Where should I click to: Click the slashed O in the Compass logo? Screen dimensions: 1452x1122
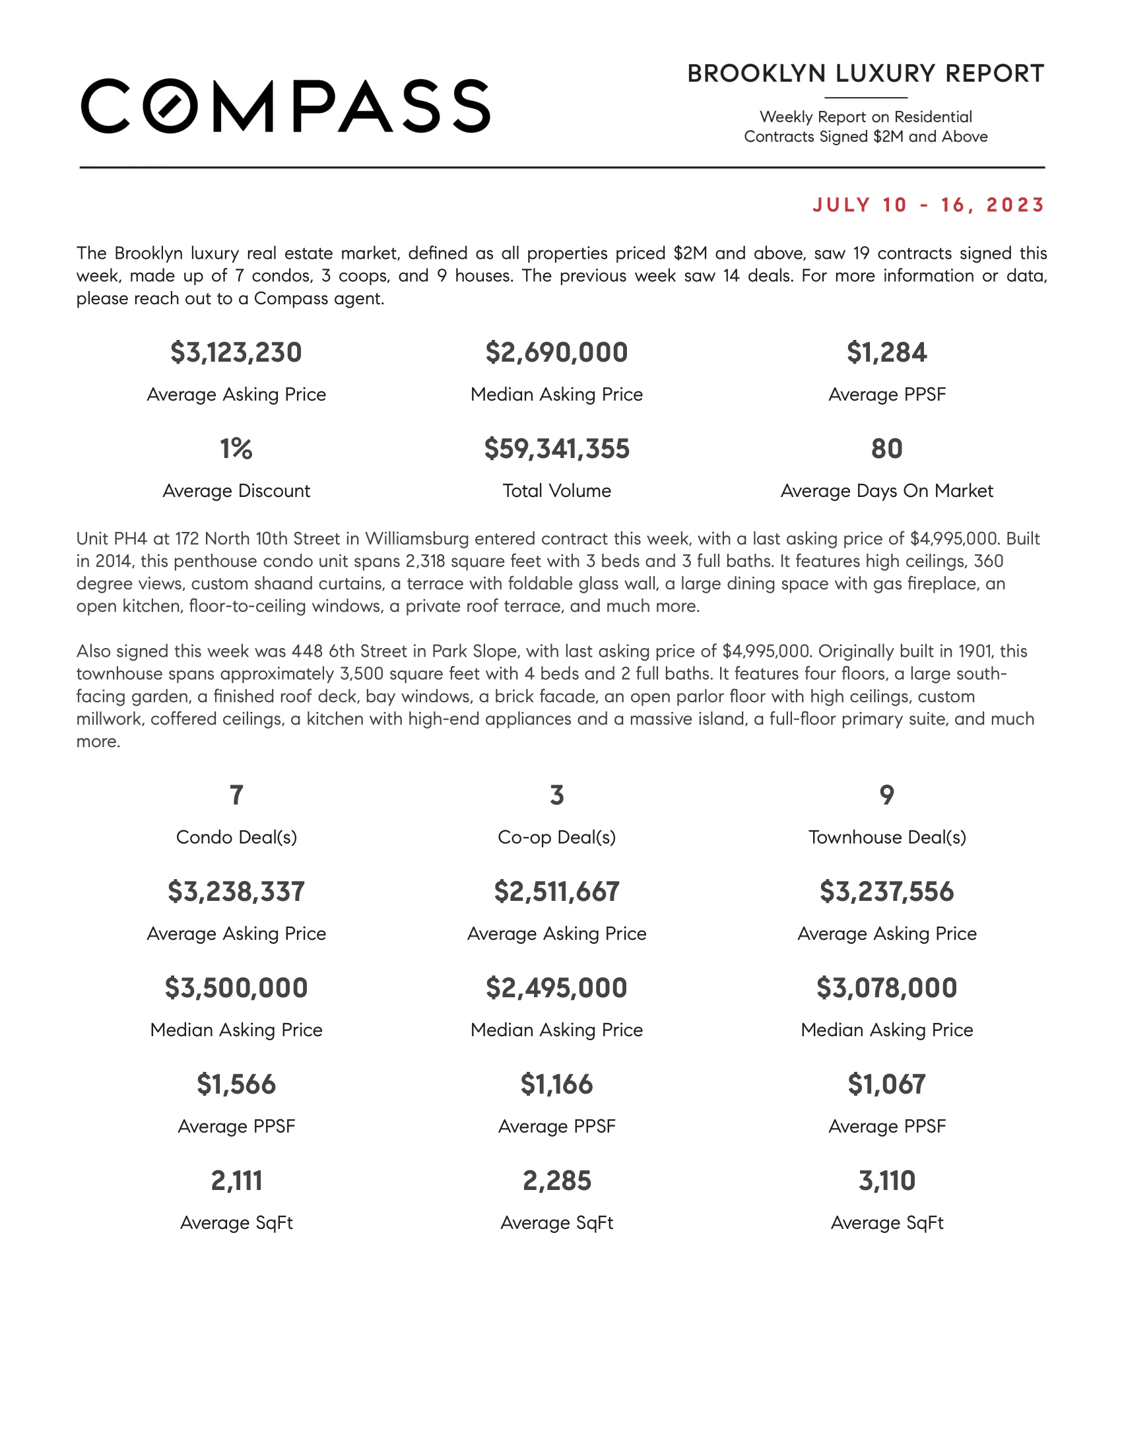171,106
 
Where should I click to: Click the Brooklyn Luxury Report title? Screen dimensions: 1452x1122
865,74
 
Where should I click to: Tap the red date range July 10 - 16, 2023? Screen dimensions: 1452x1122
929,205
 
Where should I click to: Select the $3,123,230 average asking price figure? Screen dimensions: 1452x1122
236,352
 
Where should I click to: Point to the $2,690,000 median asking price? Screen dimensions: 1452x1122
556,352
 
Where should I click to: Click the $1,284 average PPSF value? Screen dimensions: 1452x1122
886,352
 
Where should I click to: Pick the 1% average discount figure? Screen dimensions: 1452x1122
236,449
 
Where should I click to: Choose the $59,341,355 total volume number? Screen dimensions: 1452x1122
556,449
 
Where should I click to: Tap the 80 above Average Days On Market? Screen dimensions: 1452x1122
886,449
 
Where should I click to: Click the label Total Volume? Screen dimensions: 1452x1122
556,490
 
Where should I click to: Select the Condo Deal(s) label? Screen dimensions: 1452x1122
236,837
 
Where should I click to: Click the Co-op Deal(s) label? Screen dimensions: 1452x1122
556,837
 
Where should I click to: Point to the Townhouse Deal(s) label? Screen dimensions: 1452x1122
886,837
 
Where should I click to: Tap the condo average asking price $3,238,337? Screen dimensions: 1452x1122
236,892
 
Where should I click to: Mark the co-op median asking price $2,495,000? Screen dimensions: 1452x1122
556,988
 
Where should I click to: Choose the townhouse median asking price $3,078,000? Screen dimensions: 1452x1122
886,988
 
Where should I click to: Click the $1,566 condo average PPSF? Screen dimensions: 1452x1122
236,1084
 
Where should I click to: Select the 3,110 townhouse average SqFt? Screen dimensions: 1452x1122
886,1181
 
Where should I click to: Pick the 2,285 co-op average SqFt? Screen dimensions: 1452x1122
556,1181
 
